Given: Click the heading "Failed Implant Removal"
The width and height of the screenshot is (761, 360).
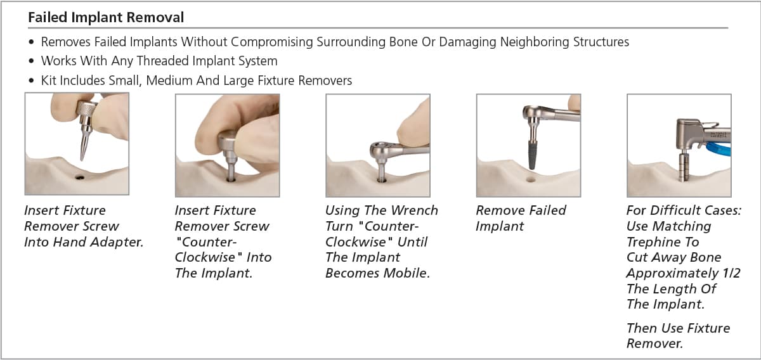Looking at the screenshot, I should (106, 17).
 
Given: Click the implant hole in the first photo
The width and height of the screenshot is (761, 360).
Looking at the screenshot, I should (80, 177).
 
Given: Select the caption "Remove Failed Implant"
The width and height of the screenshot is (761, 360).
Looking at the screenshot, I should (521, 218).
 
